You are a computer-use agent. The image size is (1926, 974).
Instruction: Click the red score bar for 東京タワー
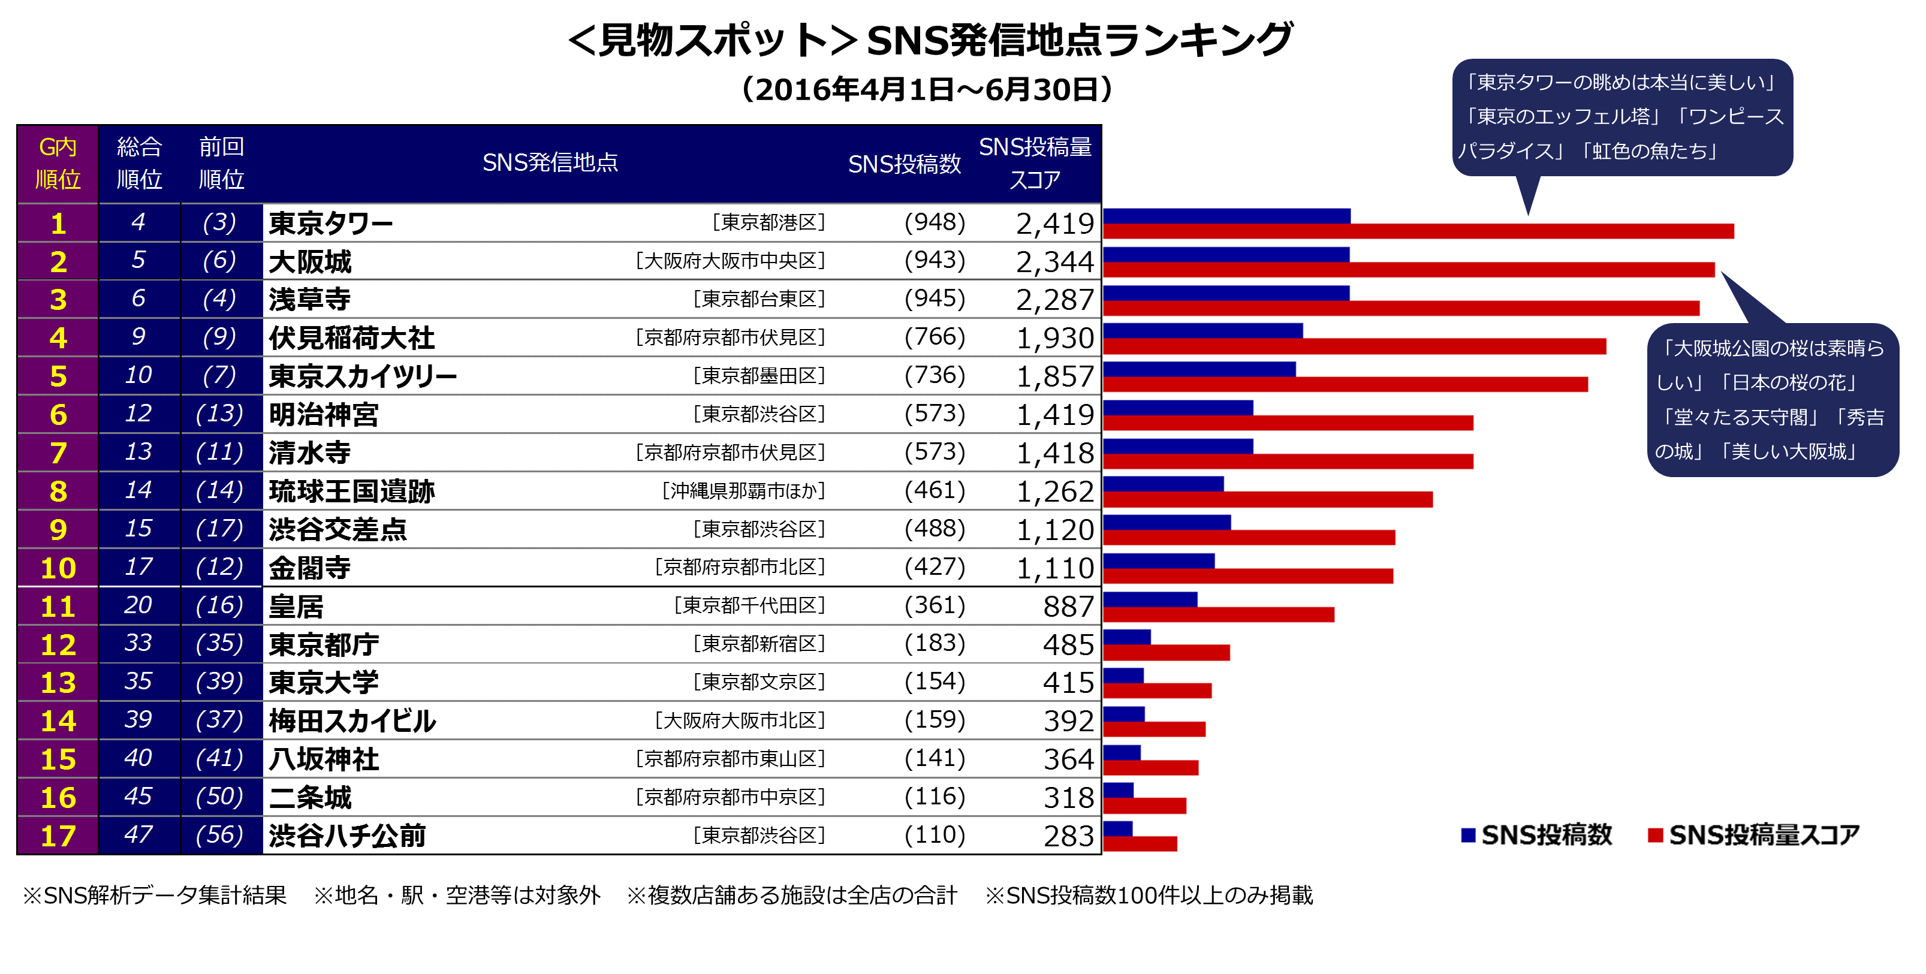[x=1418, y=231]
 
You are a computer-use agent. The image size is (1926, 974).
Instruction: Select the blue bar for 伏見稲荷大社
[x=1202, y=330]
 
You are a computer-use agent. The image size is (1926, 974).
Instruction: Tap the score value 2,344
[x=1054, y=261]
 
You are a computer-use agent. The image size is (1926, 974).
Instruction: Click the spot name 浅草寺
[x=309, y=300]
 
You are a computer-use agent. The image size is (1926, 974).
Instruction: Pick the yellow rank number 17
[x=58, y=836]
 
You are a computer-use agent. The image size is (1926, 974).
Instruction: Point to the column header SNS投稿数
[x=904, y=164]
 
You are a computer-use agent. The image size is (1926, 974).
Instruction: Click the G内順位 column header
[x=58, y=163]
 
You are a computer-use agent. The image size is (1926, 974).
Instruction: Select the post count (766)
[x=935, y=337]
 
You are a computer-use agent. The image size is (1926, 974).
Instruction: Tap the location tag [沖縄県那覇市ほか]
[x=743, y=491]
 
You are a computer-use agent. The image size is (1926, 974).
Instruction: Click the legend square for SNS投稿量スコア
[x=1655, y=835]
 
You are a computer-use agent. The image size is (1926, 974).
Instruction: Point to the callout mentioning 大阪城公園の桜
[x=1772, y=400]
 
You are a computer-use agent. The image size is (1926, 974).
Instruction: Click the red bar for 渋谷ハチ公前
[x=1140, y=844]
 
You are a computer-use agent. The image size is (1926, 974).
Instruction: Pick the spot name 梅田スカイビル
[x=352, y=721]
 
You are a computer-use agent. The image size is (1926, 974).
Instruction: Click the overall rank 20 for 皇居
[x=138, y=605]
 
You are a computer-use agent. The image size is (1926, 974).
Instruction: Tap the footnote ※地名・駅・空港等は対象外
[x=457, y=895]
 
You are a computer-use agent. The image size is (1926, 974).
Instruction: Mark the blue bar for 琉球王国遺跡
[x=1163, y=484]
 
